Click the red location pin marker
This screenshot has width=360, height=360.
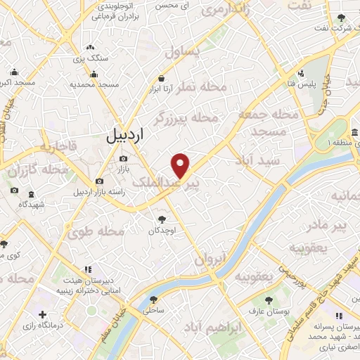coord(181,165)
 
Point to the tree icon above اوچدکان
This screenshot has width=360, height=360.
coord(162,220)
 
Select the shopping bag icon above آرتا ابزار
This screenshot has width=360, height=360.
coord(162,79)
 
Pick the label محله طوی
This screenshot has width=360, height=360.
coord(103,231)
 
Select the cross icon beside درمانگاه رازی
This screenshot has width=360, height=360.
coord(44,314)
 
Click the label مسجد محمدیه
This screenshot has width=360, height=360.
coord(93,84)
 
